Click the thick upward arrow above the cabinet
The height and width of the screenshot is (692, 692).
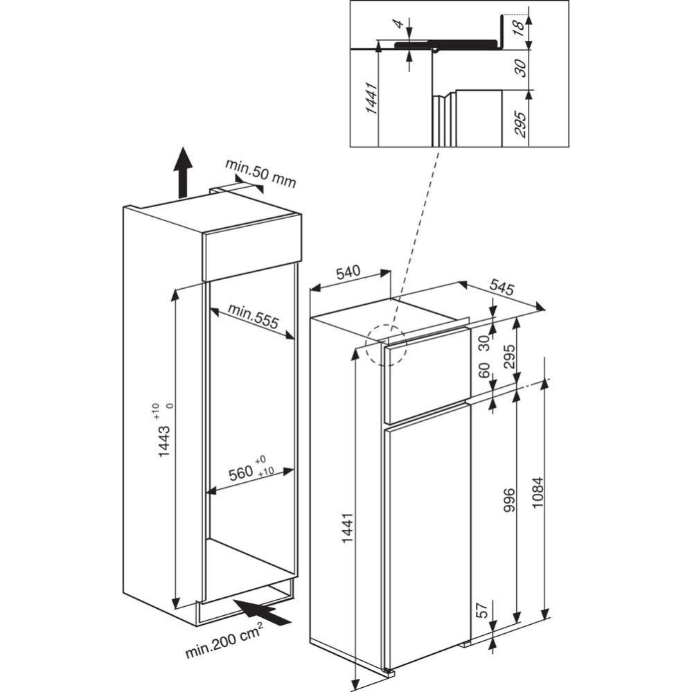[182, 172]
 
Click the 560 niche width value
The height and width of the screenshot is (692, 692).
[240, 474]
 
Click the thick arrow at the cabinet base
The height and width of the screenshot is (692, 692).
[263, 612]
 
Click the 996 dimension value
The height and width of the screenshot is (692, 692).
[509, 501]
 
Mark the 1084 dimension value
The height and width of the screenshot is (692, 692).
[538, 493]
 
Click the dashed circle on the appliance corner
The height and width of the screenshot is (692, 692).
[387, 345]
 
